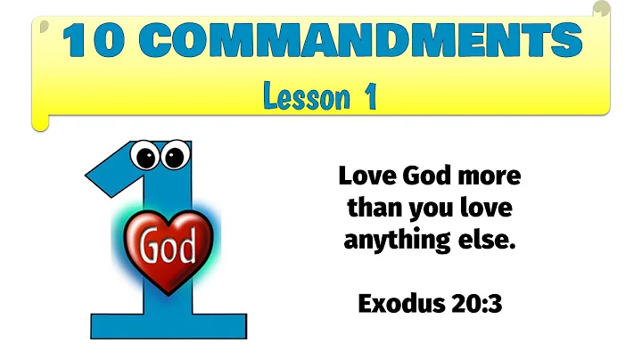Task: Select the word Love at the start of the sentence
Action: tap(366, 175)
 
